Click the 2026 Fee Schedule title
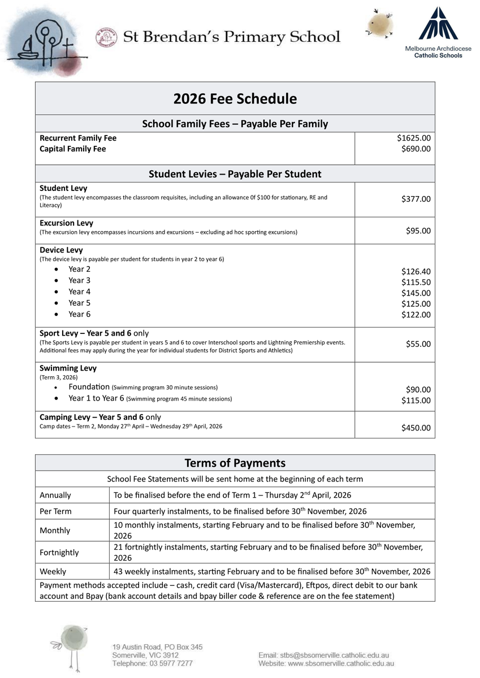(235, 99)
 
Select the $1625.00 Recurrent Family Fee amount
(413, 138)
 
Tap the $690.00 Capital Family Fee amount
(416, 149)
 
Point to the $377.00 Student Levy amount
(416, 199)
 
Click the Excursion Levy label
(66, 223)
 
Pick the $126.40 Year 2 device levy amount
(416, 271)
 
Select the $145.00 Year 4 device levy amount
(416, 293)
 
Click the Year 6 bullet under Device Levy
(79, 314)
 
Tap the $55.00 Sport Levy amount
(418, 344)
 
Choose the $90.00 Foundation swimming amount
(418, 390)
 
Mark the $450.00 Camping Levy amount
(416, 428)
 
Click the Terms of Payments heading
(235, 463)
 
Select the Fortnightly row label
(59, 553)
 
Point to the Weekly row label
(53, 572)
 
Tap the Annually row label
(55, 496)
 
